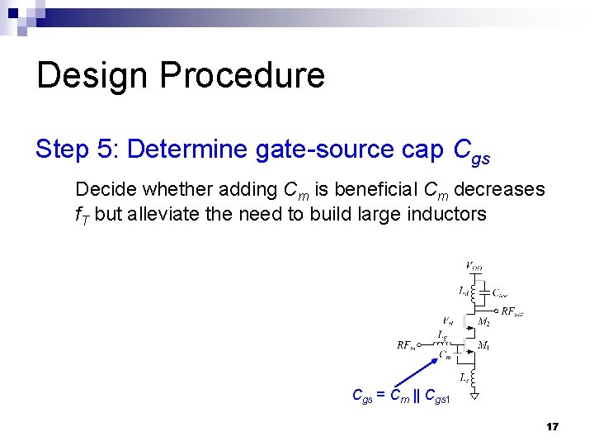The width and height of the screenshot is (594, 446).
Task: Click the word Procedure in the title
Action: (242, 75)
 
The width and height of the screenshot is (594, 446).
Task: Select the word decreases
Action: (499, 190)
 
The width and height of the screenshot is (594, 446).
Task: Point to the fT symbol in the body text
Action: (82, 216)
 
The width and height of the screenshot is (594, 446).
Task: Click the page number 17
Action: (552, 427)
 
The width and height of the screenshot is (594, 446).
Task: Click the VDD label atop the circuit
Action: (474, 266)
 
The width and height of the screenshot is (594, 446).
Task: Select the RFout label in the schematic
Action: (511, 312)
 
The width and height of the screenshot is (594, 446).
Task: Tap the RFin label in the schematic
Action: (406, 344)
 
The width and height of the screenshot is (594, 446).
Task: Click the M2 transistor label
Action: (484, 320)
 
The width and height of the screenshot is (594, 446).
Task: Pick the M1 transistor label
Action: (484, 344)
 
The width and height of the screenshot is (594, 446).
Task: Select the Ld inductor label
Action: (464, 291)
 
